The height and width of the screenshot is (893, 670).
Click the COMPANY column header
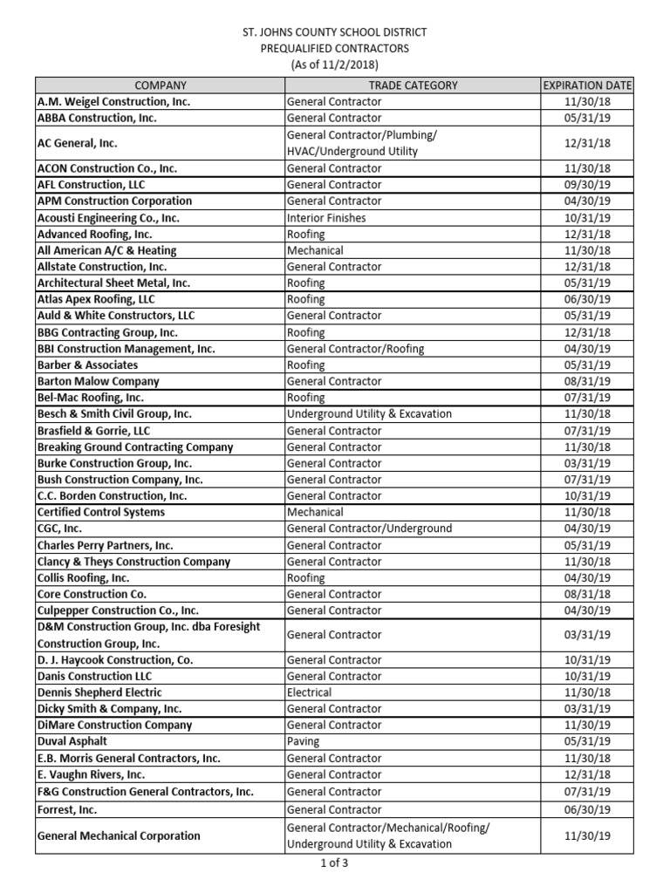click(x=160, y=85)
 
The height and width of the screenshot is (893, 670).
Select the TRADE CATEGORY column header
click(x=413, y=85)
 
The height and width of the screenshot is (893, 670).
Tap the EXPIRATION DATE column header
click(x=587, y=85)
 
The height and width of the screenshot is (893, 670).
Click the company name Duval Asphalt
click(x=72, y=741)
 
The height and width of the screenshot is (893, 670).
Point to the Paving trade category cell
click(x=304, y=741)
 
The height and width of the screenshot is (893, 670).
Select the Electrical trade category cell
click(x=310, y=692)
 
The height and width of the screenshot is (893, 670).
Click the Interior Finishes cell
click(x=326, y=218)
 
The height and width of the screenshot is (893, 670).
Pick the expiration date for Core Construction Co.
click(x=587, y=594)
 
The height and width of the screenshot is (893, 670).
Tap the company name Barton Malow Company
click(x=98, y=381)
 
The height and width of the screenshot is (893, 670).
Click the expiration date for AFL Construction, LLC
click(x=587, y=185)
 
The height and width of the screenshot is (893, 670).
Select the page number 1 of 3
click(x=334, y=864)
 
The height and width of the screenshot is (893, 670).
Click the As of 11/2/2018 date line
click(x=334, y=65)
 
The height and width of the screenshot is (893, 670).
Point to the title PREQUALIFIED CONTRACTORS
click(x=334, y=49)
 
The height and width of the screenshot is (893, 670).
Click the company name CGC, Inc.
click(x=60, y=528)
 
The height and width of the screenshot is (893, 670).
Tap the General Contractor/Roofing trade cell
click(x=355, y=349)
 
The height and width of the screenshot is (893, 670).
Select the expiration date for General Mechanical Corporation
click(x=587, y=835)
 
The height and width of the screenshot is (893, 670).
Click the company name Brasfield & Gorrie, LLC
click(x=93, y=431)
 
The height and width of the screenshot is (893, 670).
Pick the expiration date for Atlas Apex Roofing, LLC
click(x=587, y=299)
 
